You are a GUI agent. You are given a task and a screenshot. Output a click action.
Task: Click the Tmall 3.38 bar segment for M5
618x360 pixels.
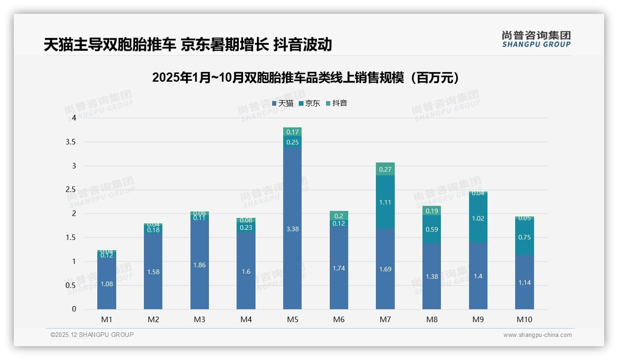click(x=292, y=228)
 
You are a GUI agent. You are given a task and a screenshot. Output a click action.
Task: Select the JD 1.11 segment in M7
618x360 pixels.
click(x=385, y=202)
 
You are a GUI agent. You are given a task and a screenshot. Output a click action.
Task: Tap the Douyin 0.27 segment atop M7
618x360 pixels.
click(x=385, y=169)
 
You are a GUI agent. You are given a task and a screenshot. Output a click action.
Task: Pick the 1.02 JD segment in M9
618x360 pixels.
click(x=478, y=218)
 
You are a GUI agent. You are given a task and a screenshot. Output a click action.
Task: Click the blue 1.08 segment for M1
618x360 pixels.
click(x=107, y=283)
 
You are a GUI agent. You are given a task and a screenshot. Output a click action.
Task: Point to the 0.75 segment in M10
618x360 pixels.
click(x=524, y=237)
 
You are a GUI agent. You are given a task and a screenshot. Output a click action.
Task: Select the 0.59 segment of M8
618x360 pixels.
click(x=432, y=229)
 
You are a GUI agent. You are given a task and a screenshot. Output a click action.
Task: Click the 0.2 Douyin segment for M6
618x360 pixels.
click(x=339, y=215)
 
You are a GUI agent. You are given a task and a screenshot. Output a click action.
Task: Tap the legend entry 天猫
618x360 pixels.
click(x=283, y=103)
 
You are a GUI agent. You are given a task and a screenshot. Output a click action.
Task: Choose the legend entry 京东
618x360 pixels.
click(x=309, y=103)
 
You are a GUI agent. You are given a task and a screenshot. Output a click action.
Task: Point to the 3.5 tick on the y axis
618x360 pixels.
click(x=71, y=142)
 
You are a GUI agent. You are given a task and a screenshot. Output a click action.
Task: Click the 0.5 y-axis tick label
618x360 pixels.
click(x=71, y=285)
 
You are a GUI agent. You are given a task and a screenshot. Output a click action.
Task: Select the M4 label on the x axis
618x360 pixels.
click(x=246, y=319)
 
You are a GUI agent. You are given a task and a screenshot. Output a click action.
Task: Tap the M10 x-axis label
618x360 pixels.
click(x=524, y=319)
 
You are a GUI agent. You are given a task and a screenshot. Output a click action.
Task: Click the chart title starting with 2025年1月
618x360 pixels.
click(x=306, y=78)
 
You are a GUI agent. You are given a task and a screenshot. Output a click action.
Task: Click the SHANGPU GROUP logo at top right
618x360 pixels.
click(x=536, y=39)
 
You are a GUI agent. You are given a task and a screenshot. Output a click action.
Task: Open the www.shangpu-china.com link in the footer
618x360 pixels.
click(x=537, y=335)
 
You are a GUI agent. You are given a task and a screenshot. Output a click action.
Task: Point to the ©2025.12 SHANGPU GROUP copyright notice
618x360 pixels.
click(x=92, y=335)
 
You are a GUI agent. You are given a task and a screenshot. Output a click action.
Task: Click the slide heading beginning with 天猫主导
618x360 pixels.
click(x=188, y=45)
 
